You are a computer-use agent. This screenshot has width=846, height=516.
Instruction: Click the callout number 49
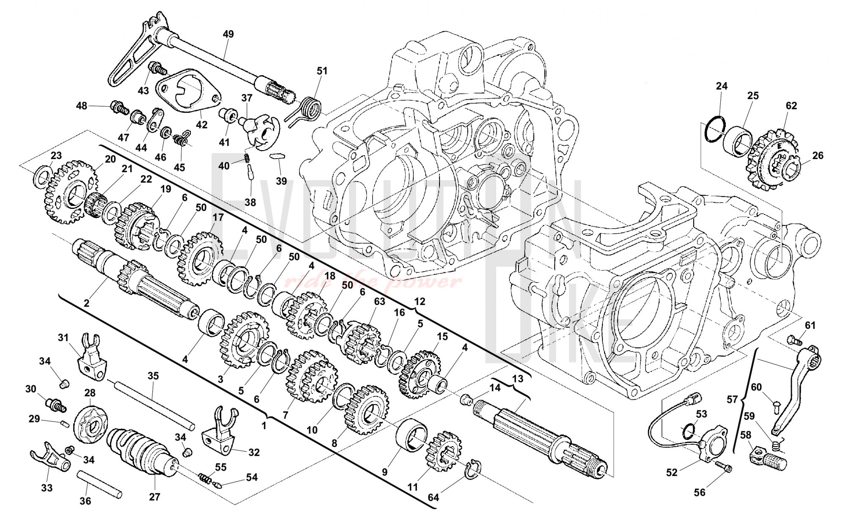[228, 34]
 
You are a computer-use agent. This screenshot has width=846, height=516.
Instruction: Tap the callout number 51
[322, 71]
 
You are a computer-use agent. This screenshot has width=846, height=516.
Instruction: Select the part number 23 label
[56, 155]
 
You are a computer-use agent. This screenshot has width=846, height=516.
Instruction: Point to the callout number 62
[791, 106]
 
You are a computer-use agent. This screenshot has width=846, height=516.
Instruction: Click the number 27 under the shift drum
[155, 497]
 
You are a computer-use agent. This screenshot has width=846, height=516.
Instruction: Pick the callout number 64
[433, 497]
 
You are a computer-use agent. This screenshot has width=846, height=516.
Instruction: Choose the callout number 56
[700, 492]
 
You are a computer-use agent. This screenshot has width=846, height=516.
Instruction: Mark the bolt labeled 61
[793, 339]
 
